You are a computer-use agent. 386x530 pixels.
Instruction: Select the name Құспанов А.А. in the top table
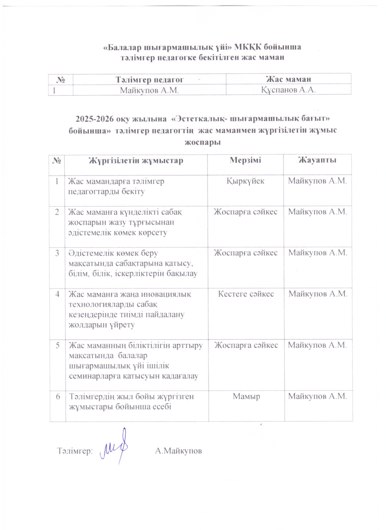click(x=288, y=90)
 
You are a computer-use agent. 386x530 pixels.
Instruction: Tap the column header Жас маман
click(x=288, y=79)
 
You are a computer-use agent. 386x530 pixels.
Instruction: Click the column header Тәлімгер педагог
click(x=149, y=79)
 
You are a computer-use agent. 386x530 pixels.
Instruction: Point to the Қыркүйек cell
click(x=245, y=181)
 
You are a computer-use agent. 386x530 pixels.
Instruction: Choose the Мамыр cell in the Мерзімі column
click(x=246, y=396)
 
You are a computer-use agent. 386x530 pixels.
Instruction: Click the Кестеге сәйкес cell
click(x=246, y=294)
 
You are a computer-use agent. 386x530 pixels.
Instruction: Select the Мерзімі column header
click(x=245, y=160)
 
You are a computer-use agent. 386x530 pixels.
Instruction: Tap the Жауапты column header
click(x=317, y=160)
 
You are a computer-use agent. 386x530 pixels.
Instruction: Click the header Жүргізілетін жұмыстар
click(x=136, y=160)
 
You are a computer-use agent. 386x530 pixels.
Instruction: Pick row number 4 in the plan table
click(x=57, y=294)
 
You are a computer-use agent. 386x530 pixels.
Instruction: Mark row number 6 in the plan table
click(x=58, y=396)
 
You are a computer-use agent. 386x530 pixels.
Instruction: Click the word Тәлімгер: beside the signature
click(x=75, y=451)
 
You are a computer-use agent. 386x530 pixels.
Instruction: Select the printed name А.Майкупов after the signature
click(x=178, y=451)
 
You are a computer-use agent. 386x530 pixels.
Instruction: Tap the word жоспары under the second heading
click(x=202, y=142)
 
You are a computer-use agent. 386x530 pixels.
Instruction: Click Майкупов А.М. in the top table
click(x=149, y=90)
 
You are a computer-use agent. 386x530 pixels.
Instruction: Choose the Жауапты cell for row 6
click(x=317, y=396)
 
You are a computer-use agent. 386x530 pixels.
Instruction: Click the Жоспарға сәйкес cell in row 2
click(x=245, y=212)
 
